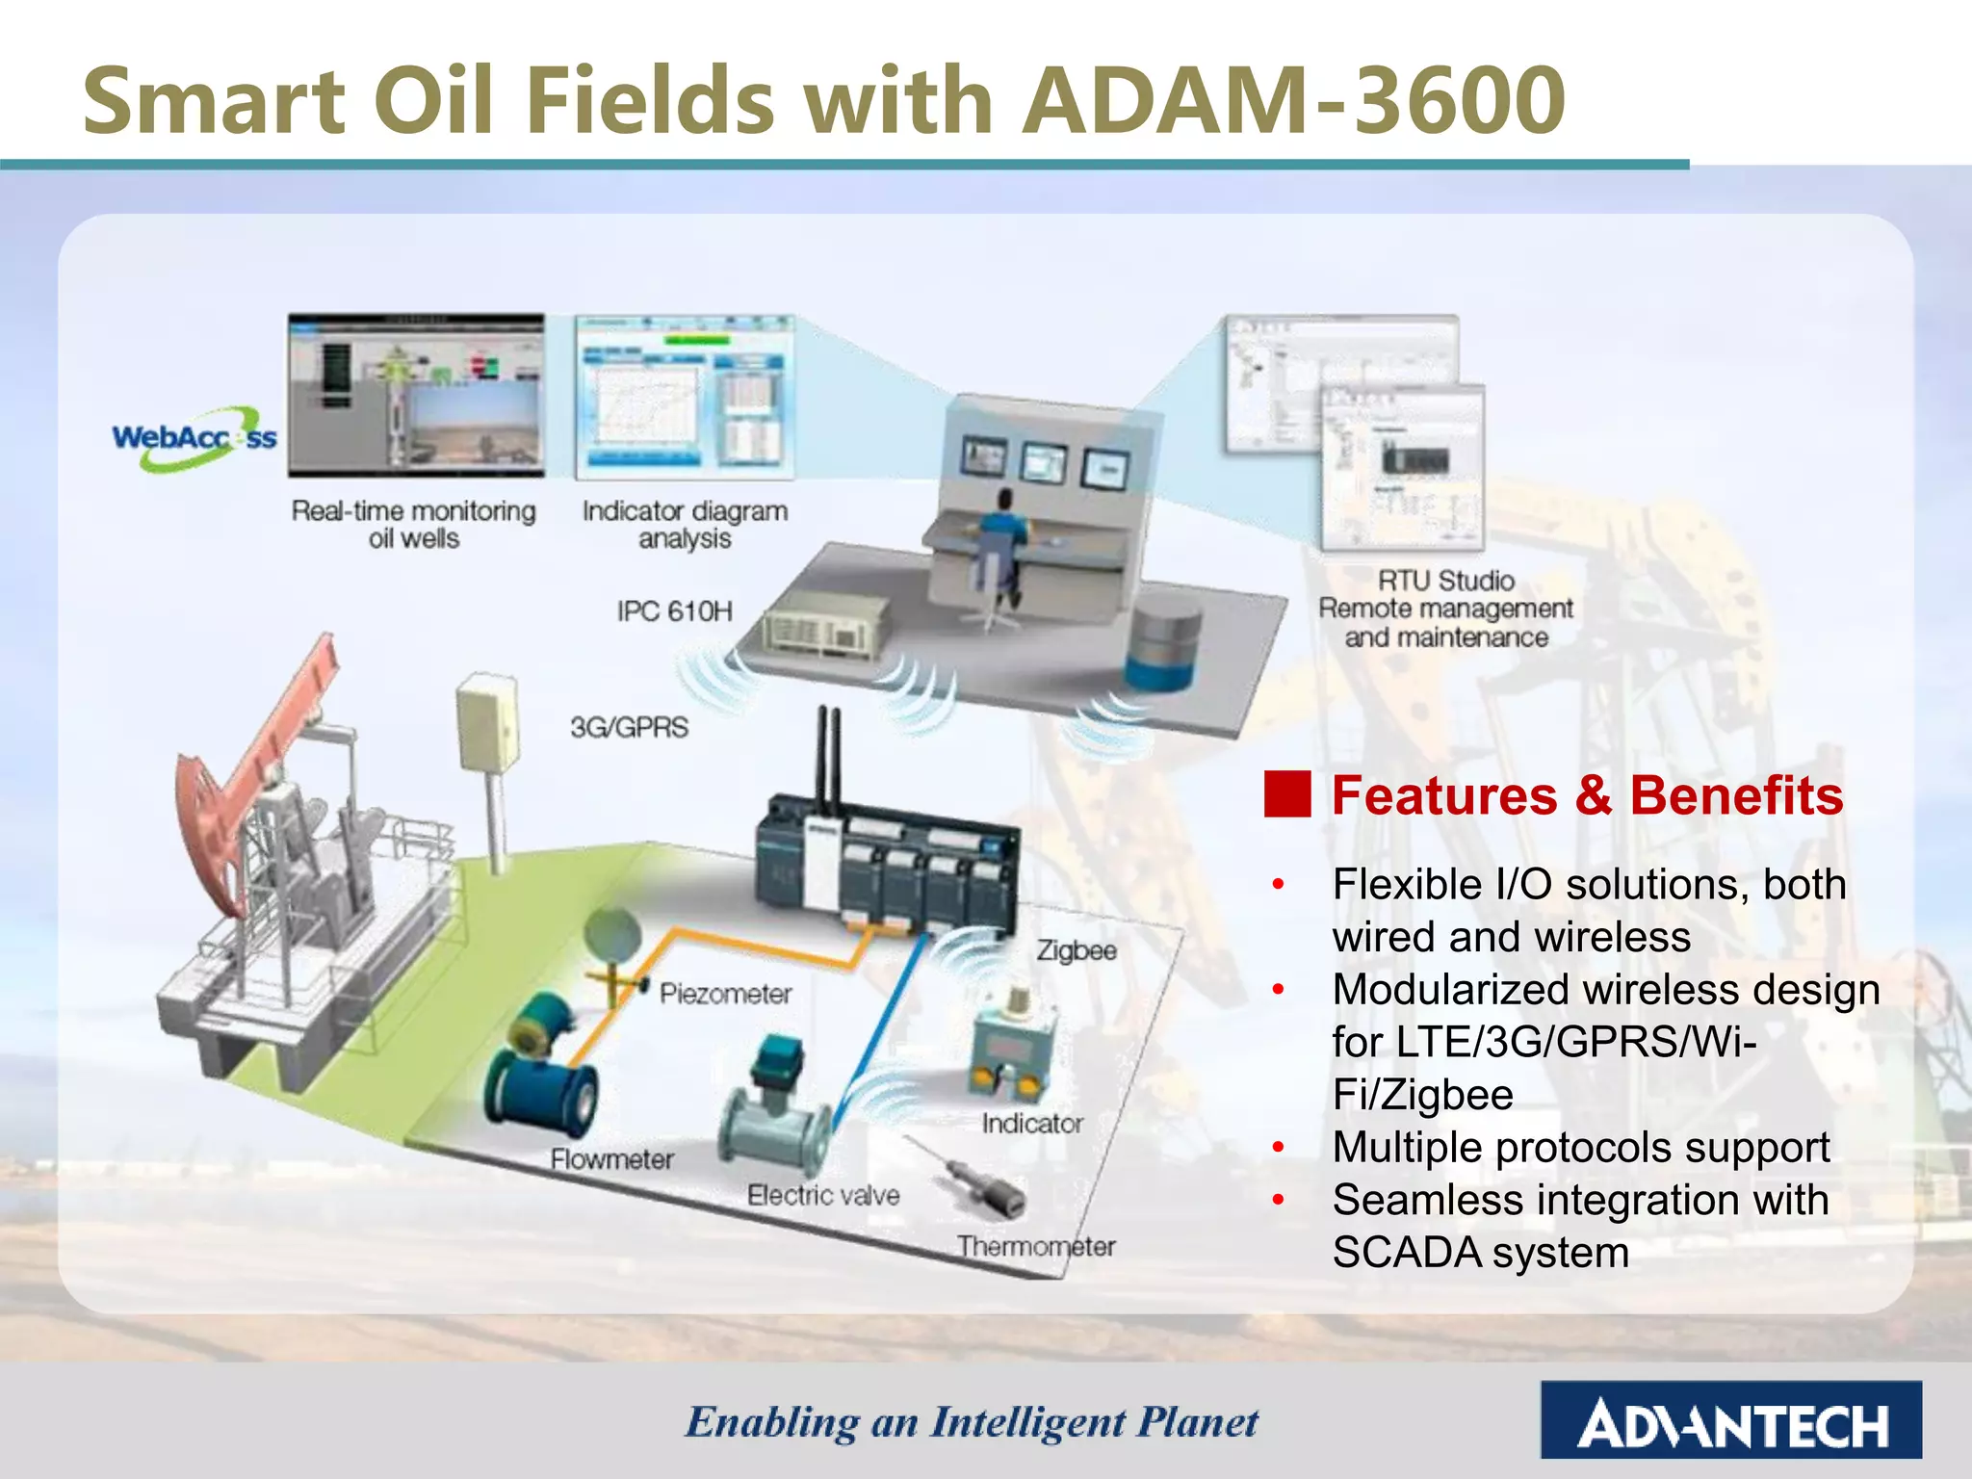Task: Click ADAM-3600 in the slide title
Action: [1293, 100]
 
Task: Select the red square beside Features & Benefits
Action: [1287, 795]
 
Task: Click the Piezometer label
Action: [725, 994]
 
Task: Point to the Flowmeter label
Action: [611, 1159]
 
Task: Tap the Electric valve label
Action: [823, 1196]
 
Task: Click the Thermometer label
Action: [1036, 1247]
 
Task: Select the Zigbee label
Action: [1077, 951]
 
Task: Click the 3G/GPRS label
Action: [630, 727]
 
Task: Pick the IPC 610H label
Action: [674, 611]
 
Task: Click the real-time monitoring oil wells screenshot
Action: [416, 396]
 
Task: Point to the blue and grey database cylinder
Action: [1163, 642]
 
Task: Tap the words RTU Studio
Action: [1445, 581]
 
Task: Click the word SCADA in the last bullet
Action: [1407, 1254]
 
